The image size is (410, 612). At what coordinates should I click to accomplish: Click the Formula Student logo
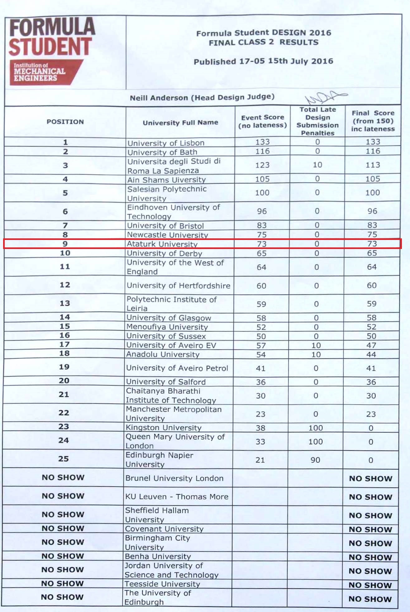point(51,50)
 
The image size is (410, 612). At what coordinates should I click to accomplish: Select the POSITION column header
point(65,122)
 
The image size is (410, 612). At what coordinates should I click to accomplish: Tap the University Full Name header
point(180,122)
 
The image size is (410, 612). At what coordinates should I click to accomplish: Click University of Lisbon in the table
point(166,143)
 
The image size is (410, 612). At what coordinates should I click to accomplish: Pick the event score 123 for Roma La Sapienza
point(262,165)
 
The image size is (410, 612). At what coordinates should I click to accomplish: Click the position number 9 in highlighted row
point(65,244)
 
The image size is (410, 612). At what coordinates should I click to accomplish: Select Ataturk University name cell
point(162,244)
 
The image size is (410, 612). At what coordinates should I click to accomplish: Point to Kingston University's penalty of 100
point(316,428)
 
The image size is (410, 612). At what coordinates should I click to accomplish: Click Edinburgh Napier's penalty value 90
point(315,460)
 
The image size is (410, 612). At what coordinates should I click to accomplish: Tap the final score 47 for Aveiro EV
point(371,345)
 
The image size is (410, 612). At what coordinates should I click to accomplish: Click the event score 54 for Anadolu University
point(261,355)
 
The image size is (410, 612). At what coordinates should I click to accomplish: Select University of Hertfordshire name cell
point(178,286)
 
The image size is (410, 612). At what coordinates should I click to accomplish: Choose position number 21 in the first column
point(64,394)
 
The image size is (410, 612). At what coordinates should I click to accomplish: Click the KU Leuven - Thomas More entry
point(177,497)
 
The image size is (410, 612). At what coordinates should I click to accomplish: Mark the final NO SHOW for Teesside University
point(370,585)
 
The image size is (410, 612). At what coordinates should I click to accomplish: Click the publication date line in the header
point(263,61)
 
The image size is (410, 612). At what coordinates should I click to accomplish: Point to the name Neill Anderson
point(159,98)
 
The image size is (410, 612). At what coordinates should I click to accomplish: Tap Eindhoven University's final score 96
point(372,211)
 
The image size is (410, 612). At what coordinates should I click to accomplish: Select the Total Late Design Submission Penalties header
point(317,121)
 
